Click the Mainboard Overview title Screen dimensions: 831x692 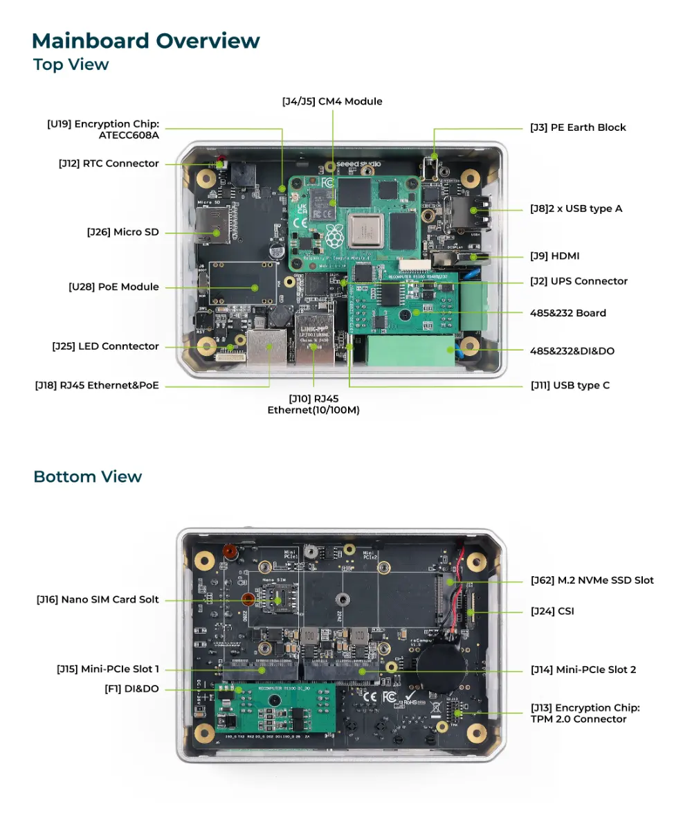point(146,41)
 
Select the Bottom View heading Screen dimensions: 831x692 point(87,476)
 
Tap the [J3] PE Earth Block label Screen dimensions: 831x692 point(578,127)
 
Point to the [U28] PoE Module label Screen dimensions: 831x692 point(113,287)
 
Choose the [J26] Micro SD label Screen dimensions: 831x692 point(122,232)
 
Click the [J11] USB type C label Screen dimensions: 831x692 point(570,385)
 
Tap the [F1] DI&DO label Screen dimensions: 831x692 point(131,688)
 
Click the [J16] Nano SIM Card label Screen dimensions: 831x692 point(98,600)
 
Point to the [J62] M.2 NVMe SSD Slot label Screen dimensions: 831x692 point(592,580)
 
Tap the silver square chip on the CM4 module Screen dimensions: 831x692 point(366,230)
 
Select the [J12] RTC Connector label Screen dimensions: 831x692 point(109,164)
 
